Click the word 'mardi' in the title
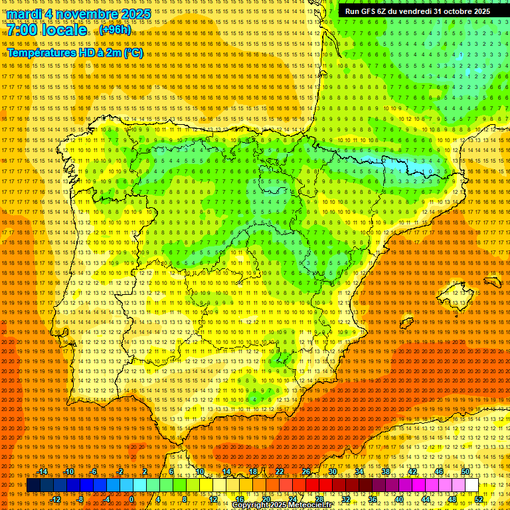pyautogui.click(x=25, y=14)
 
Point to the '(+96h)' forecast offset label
pyautogui.click(x=115, y=30)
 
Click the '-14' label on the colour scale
pyautogui.click(x=43, y=471)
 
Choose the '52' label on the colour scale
pyautogui.click(x=479, y=499)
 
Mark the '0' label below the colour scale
pyautogui.click(x=131, y=499)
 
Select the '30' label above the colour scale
pyautogui.click(x=332, y=471)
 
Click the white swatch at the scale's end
pyautogui.click(x=472, y=485)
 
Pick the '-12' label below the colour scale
pyautogui.click(x=56, y=499)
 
